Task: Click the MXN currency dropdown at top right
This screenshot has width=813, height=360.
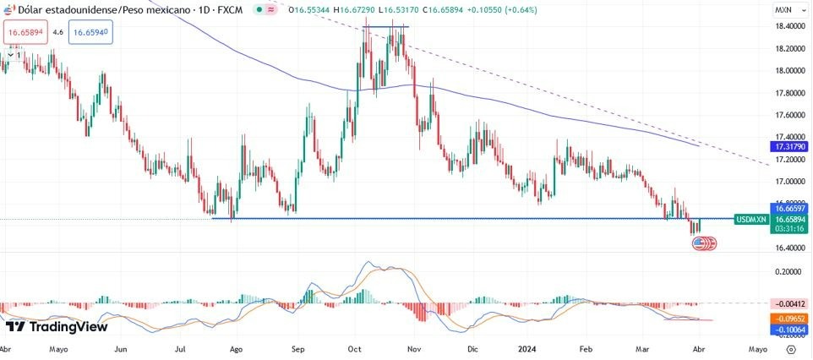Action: coord(785,10)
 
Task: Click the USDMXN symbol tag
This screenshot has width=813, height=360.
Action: coord(750,219)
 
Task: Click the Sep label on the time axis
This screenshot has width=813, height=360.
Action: coord(297,348)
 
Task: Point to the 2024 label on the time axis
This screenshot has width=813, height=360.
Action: coord(527,348)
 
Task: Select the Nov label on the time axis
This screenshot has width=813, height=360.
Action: coord(413,348)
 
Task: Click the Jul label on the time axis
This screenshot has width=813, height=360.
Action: coord(181,348)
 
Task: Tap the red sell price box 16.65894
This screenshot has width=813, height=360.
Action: coord(25,32)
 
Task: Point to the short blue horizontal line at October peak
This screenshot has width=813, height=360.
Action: coord(385,27)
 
